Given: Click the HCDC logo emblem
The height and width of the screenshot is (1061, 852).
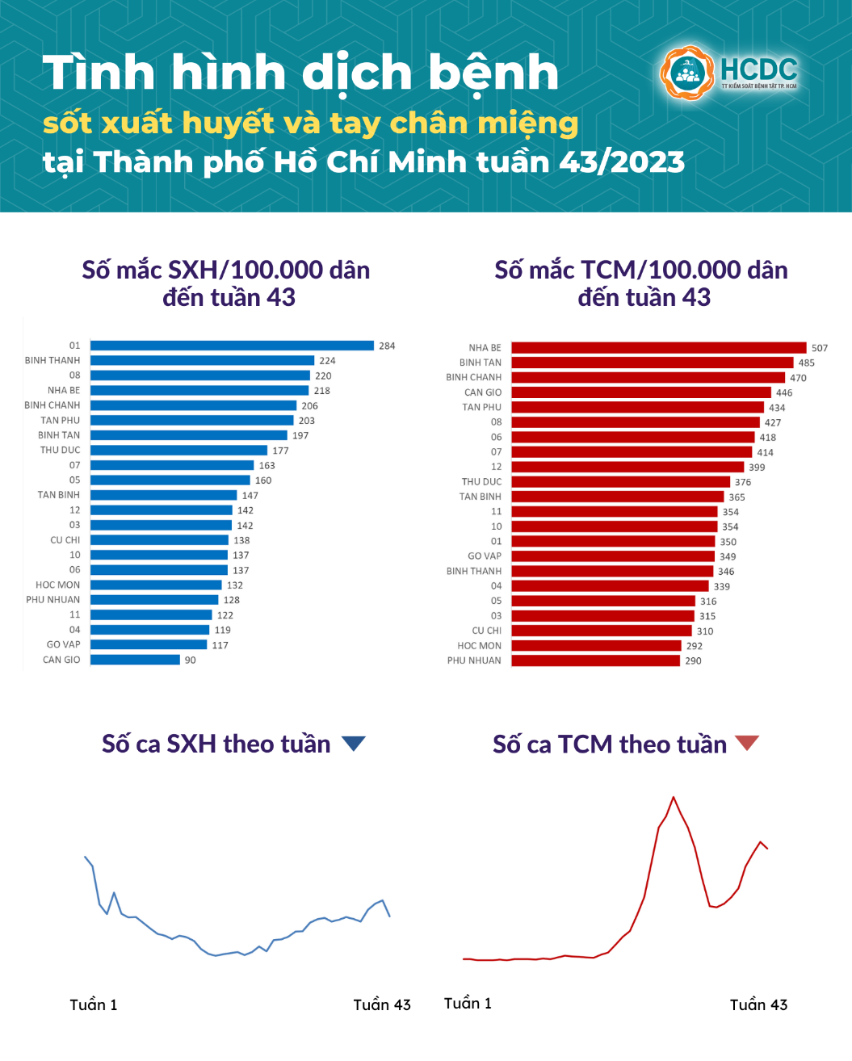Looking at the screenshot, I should [687, 73].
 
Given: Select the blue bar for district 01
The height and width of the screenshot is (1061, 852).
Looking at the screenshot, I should [232, 346].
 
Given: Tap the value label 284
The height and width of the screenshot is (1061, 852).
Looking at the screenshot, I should [387, 346].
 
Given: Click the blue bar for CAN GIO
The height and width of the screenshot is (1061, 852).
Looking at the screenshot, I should [135, 660].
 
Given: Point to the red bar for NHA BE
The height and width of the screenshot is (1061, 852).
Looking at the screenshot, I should [658, 348].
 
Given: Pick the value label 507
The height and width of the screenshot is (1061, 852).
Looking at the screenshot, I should [820, 348].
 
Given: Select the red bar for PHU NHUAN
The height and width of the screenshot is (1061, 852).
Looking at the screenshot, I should [595, 661].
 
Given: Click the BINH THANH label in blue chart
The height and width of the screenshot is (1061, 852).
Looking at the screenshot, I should [52, 360].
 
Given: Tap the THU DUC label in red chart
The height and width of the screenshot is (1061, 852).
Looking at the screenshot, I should [481, 481].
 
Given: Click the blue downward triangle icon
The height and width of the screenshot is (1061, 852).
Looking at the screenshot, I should [354, 743].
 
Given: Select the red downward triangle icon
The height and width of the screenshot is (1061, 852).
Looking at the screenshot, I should [747, 742].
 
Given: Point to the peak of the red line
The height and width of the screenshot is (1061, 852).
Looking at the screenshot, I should [674, 798].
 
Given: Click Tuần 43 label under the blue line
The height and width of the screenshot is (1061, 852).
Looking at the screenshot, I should [382, 1004].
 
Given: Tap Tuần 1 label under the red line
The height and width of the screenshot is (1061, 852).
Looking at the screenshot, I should [468, 1003].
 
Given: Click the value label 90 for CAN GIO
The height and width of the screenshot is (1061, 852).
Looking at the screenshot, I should [191, 660].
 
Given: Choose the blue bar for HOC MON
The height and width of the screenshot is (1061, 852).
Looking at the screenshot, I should [156, 585].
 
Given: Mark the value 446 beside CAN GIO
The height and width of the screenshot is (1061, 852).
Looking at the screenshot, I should [784, 392].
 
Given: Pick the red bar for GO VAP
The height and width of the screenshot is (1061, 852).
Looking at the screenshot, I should [613, 556].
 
